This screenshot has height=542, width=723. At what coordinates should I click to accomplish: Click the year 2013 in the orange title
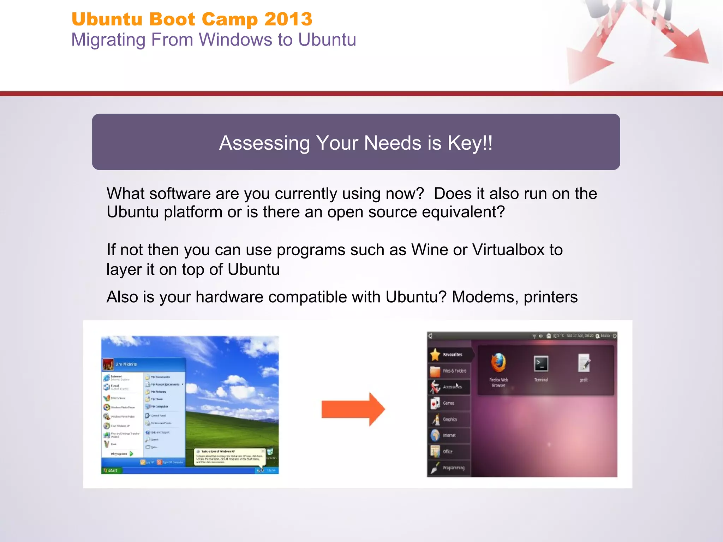click(288, 19)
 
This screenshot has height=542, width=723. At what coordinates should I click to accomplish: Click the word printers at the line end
click(551, 297)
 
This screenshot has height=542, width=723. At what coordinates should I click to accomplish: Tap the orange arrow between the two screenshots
click(353, 409)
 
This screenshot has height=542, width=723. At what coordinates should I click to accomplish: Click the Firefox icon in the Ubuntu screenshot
click(498, 363)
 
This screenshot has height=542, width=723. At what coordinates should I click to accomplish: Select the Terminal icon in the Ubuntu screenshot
click(541, 364)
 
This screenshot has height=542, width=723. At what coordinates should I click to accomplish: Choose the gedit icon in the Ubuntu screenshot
click(584, 364)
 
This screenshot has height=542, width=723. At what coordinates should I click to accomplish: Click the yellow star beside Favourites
click(435, 355)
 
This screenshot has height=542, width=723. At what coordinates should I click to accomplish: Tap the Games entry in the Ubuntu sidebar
click(448, 403)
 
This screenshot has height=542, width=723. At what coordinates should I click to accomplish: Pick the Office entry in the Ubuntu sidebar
click(447, 452)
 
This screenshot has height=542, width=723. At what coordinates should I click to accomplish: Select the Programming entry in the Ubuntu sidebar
click(453, 468)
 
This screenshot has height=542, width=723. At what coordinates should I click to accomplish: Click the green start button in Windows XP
click(110, 470)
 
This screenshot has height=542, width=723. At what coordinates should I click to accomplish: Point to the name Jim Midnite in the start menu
click(126, 364)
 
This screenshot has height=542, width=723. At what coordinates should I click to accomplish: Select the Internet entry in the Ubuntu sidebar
click(449, 435)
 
